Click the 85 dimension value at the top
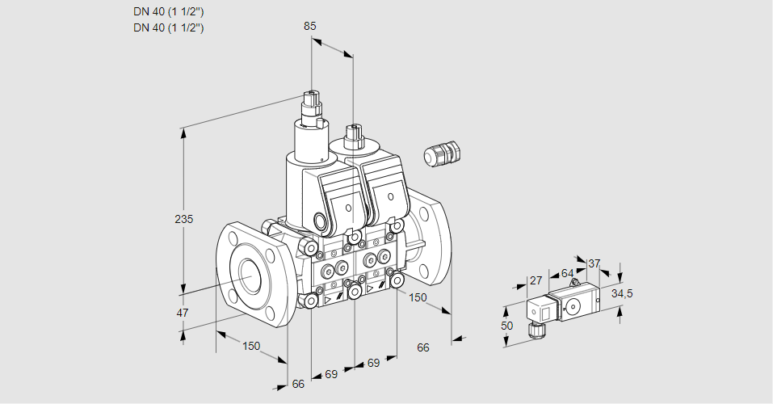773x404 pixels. click(310, 26)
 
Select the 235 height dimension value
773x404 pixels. click(185, 219)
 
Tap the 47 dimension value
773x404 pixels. click(183, 313)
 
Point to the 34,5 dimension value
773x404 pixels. click(622, 293)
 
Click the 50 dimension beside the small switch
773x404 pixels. click(506, 326)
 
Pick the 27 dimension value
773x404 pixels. click(535, 280)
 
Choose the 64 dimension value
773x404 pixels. click(567, 273)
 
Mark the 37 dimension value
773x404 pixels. click(594, 263)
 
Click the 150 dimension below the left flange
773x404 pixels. click(251, 346)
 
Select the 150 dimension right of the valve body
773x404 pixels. click(417, 298)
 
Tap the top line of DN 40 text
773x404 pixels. click(168, 12)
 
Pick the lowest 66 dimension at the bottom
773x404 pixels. click(298, 384)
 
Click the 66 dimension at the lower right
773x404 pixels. click(422, 347)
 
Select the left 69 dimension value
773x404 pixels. click(331, 375)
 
